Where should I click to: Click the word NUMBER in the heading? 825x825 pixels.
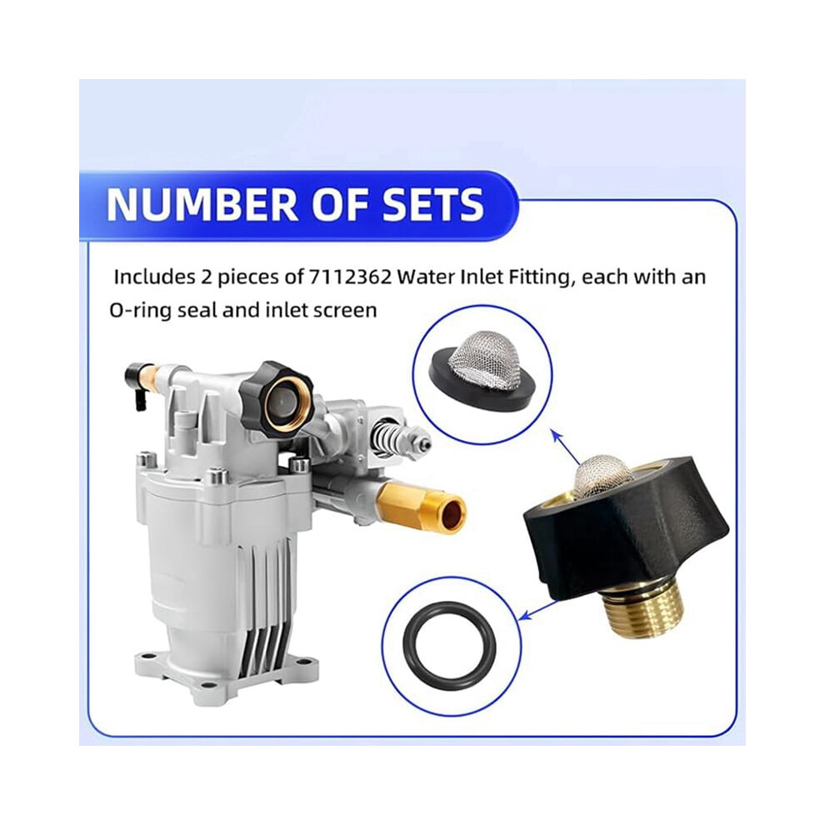pos(202,204)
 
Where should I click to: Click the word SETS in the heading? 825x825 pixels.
pos(433,204)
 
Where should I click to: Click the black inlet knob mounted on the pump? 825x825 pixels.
pos(273,398)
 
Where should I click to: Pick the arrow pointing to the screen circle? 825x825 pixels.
pos(563,447)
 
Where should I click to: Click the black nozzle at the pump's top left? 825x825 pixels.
pos(134,382)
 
